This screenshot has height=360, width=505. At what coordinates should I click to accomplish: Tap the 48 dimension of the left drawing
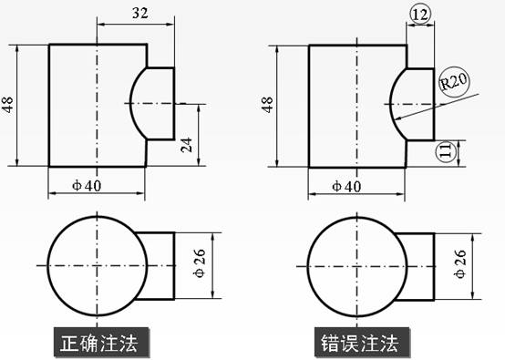(8, 105)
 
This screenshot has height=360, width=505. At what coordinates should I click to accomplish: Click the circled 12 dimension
(421, 14)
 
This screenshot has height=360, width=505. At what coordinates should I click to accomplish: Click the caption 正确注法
(97, 344)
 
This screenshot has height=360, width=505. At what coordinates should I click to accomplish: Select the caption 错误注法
(359, 344)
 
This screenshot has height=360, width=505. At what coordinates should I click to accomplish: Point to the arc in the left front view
(133, 102)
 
